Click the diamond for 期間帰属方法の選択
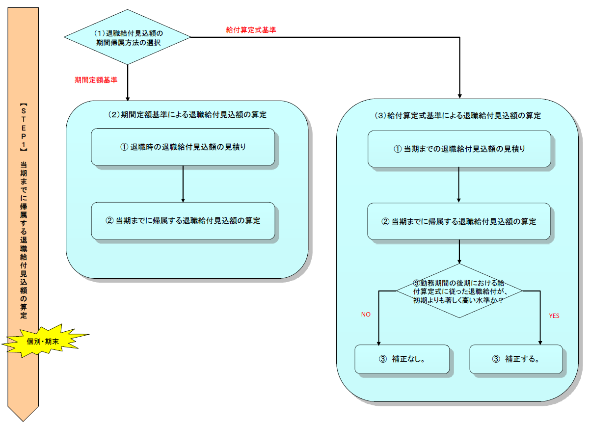(127, 37)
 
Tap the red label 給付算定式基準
(251, 30)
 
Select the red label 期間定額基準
(96, 79)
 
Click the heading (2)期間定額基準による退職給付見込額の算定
(187, 115)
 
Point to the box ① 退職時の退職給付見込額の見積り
(183, 147)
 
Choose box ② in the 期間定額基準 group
(183, 221)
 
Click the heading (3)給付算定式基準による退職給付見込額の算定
(457, 116)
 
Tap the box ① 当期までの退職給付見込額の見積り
(459, 149)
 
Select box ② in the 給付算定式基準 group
(459, 221)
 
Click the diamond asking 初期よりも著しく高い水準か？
(459, 291)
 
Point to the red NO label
(366, 315)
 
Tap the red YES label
(554, 316)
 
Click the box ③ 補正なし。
(402, 359)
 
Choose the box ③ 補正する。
(515, 359)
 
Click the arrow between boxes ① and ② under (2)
(183, 184)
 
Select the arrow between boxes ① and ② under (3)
(459, 185)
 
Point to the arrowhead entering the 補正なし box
(379, 342)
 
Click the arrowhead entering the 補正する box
(540, 342)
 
